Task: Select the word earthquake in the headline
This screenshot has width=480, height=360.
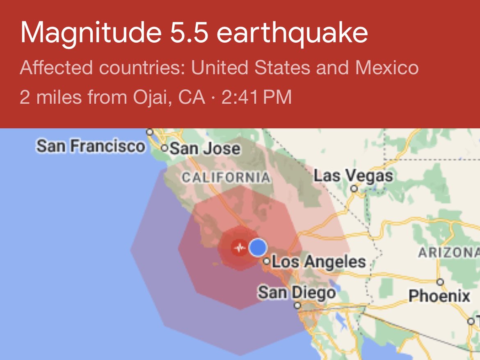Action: coord(292,33)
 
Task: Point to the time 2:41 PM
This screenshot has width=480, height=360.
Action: coord(256,98)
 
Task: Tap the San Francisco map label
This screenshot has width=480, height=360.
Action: coord(90,146)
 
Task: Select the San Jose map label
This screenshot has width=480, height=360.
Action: coord(205,148)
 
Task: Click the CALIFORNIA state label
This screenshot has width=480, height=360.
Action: coord(226,178)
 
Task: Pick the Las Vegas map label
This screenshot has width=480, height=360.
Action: coord(353,176)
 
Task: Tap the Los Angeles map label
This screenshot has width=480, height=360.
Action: coord(319,262)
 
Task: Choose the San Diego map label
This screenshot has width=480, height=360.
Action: coord(297,293)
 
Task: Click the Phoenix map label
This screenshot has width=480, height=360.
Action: coord(439,296)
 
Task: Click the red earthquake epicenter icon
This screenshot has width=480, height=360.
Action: coord(239,247)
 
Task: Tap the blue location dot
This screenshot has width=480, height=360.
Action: coord(258,247)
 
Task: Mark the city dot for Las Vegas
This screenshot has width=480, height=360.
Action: coord(354,189)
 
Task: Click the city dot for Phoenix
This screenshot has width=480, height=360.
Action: coord(440,282)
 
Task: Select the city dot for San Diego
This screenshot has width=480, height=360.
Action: coord(298,305)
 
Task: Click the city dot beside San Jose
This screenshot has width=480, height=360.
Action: coord(165,148)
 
